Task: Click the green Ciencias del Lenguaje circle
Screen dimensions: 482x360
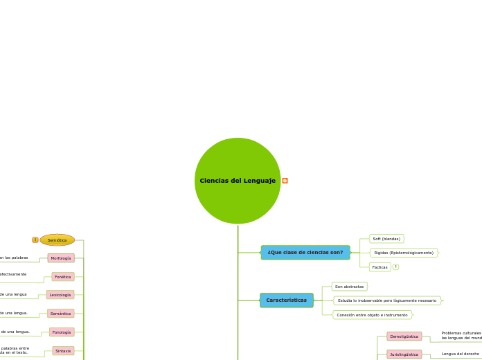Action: pos(238,181)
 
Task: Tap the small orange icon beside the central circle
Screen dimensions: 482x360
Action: pos(285,181)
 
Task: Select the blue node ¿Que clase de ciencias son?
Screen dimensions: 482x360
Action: pos(305,252)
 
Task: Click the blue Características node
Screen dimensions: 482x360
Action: pos(287,300)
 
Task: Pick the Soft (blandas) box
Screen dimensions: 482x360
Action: pos(386,239)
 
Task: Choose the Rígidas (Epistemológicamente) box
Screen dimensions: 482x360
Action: pos(404,253)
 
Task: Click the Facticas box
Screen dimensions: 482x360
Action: pos(380,267)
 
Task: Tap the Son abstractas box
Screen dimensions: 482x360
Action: pos(349,286)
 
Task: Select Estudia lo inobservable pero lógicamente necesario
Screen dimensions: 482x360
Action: pos(387,300)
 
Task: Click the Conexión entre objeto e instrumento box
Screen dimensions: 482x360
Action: pos(372,314)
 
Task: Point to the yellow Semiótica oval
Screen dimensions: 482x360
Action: pos(57,240)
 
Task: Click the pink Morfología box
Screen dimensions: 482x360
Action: pos(61,258)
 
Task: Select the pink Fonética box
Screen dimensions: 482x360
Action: pos(63,276)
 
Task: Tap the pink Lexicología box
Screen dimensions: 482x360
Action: pos(60,295)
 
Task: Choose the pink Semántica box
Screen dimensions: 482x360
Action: pos(61,314)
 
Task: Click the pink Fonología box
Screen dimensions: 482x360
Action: pos(62,332)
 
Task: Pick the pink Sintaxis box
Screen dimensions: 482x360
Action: pos(63,351)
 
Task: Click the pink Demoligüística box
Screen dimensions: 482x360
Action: pos(404,336)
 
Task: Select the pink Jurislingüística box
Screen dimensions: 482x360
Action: pos(404,354)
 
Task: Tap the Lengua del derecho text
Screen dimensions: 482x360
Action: pos(461,354)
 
